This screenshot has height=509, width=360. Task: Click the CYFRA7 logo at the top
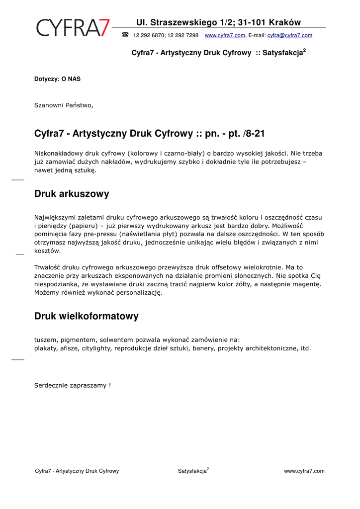(73, 27)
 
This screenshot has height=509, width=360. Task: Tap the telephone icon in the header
(125, 35)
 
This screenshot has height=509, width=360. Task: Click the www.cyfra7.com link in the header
(225, 35)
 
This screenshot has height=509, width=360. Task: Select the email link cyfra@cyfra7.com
(290, 35)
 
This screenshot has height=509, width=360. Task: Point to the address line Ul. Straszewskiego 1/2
(184, 22)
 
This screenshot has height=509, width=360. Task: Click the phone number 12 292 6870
(149, 35)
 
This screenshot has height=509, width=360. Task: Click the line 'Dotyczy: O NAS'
(57, 79)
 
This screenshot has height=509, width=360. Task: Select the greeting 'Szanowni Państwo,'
(64, 105)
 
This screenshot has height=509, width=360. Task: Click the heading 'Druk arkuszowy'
(72, 194)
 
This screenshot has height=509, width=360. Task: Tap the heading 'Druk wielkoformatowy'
(87, 316)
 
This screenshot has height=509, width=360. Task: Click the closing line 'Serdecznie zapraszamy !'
(73, 385)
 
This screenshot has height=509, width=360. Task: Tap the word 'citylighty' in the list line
(96, 348)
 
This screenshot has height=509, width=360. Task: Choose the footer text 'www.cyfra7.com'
(304, 471)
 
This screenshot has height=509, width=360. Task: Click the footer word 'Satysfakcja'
(192, 471)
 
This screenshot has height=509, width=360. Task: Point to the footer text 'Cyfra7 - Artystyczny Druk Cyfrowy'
(77, 471)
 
